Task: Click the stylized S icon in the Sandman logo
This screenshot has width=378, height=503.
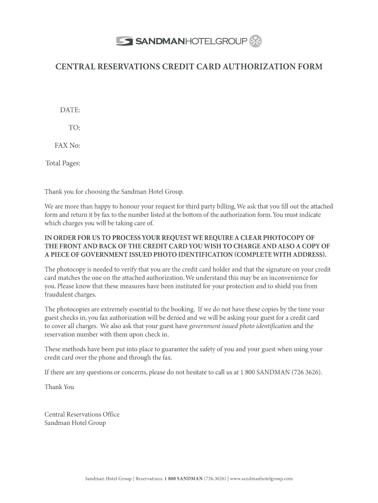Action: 124,42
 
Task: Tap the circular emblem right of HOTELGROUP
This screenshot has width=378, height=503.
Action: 256,41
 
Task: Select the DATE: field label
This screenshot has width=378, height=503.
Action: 70,110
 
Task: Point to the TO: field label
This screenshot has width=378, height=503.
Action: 74,128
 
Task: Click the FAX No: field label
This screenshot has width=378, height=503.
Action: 67,145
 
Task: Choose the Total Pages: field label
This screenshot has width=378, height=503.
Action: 63,163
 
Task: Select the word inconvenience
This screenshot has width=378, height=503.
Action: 287,278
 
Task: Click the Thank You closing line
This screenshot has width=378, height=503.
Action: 59,387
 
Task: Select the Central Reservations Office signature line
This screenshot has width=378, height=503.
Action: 82,415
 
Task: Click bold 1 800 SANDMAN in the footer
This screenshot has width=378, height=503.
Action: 182,478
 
